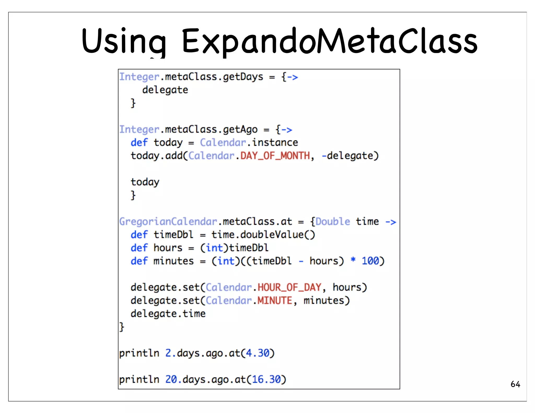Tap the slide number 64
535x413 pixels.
[x=515, y=384]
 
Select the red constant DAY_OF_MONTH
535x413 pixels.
[x=275, y=156]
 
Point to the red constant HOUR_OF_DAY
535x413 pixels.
[x=289, y=287]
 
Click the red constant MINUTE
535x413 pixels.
[x=275, y=300]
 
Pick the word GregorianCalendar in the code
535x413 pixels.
[x=168, y=222]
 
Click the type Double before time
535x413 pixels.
[x=333, y=222]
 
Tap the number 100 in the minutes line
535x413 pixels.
[x=370, y=261]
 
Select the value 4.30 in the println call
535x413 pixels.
[x=258, y=353]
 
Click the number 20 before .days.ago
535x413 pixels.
[x=171, y=379]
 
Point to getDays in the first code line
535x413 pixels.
[x=243, y=77]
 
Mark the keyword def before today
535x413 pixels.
[x=139, y=143]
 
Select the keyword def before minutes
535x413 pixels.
[x=139, y=261]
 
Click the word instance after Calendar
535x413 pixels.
[x=275, y=143]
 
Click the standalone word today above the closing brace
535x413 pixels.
[x=145, y=182]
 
